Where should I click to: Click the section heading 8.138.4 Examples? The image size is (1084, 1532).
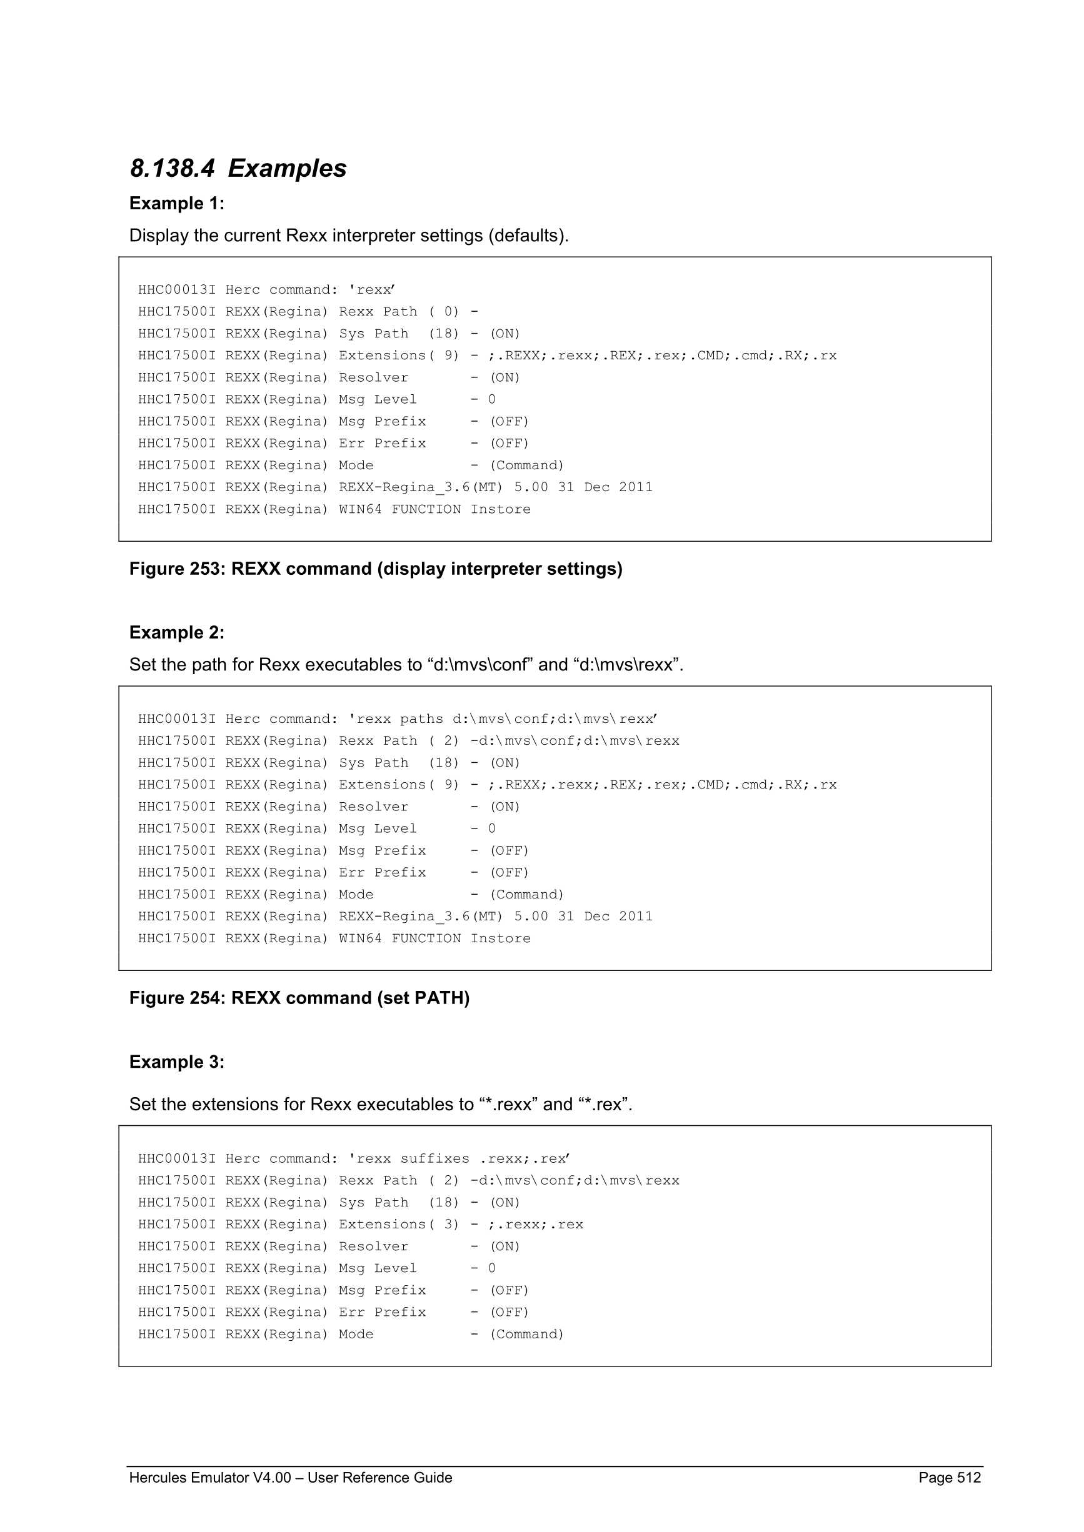[x=238, y=168]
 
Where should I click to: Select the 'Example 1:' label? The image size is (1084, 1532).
[x=177, y=204]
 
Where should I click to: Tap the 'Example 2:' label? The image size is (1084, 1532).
[x=177, y=632]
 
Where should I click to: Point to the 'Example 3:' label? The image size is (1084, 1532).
[x=177, y=1062]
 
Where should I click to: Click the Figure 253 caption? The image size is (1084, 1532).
[x=376, y=569]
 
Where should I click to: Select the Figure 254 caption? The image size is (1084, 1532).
[x=299, y=998]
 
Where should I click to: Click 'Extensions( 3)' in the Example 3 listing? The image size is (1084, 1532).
[x=398, y=1225]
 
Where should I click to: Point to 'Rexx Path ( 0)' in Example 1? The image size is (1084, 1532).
[x=398, y=312]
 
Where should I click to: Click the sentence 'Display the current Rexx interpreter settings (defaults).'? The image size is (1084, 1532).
[x=348, y=236]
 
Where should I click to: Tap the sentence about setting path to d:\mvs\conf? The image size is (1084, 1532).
[x=406, y=665]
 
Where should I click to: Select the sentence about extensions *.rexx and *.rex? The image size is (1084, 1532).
[x=381, y=1104]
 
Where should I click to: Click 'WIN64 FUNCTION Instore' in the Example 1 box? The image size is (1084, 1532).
[x=434, y=509]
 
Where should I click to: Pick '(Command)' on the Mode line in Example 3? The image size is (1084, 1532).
[x=526, y=1334]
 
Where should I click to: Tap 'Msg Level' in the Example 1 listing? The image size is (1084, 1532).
[x=377, y=399]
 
